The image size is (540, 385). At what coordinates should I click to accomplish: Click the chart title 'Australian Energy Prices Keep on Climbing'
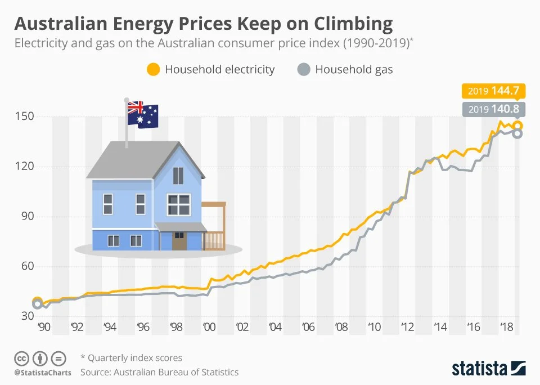tap(203, 24)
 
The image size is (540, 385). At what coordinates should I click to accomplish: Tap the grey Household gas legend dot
tap(303, 70)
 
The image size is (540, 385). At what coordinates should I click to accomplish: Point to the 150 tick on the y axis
tap(27, 117)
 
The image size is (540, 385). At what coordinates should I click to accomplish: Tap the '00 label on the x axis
tap(209, 327)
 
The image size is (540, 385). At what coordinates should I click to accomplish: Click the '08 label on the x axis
tap(341, 327)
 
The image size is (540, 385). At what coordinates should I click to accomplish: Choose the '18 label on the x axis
tap(506, 327)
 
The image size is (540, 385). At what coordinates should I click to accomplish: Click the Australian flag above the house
tap(142, 115)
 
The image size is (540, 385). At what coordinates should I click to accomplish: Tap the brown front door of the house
tap(179, 241)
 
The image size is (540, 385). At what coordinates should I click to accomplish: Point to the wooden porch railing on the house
tap(214, 240)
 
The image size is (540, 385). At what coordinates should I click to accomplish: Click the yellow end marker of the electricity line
tap(517, 126)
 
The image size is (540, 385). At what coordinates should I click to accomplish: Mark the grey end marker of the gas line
tap(517, 133)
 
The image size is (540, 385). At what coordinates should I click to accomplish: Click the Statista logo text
tap(479, 369)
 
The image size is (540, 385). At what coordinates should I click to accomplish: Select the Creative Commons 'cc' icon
tap(21, 358)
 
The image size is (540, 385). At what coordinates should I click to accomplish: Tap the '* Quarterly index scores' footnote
tap(131, 358)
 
